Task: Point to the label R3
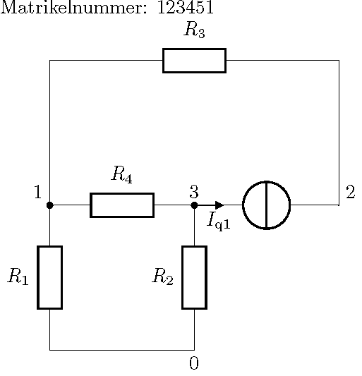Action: pyautogui.click(x=194, y=30)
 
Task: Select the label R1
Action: pyautogui.click(x=18, y=277)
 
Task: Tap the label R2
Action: pyautogui.click(x=162, y=277)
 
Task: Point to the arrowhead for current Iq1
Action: pyautogui.click(x=219, y=205)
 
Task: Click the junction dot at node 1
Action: pyautogui.click(x=50, y=205)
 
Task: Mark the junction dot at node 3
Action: pyautogui.click(x=194, y=205)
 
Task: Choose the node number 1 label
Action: pyautogui.click(x=38, y=192)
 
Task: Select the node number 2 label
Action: pyautogui.click(x=351, y=192)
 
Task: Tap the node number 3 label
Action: pyautogui.click(x=194, y=192)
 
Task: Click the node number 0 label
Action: pyautogui.click(x=194, y=363)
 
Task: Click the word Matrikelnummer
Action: pyautogui.click(x=73, y=7)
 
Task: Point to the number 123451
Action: pyautogui.click(x=186, y=7)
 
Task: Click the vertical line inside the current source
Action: pyautogui.click(x=267, y=205)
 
